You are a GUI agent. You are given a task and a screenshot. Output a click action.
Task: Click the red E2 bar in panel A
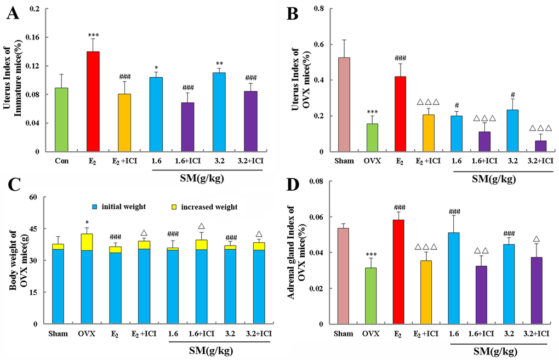tap(93, 101)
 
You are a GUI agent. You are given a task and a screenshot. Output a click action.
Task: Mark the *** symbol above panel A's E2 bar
tap(93, 34)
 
